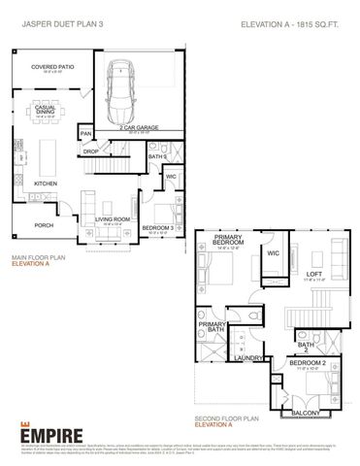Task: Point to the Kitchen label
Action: [x=46, y=183]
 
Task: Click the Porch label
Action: [x=44, y=224]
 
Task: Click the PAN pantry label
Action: [x=86, y=134]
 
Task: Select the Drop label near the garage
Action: [x=90, y=151]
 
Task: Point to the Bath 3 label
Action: [x=157, y=156]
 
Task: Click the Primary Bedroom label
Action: [x=229, y=243]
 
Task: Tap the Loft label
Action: [x=313, y=275]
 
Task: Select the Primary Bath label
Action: [x=212, y=327]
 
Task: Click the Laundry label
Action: [x=257, y=358]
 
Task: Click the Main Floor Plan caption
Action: [x=39, y=257]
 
